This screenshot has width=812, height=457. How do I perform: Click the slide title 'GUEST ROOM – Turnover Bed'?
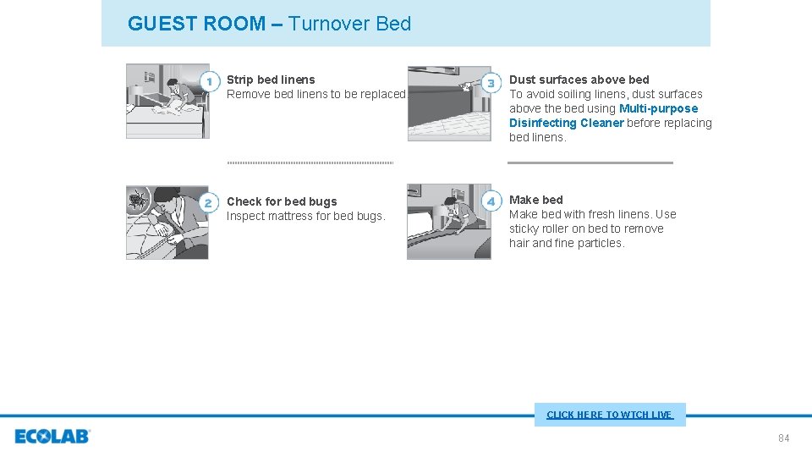(x=269, y=24)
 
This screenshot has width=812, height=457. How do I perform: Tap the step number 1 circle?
(x=209, y=81)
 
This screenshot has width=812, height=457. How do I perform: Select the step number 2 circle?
(x=209, y=202)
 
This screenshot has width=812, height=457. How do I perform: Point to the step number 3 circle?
(x=491, y=82)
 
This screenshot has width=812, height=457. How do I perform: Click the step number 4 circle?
(x=491, y=201)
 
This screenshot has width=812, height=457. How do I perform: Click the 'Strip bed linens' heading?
(x=271, y=80)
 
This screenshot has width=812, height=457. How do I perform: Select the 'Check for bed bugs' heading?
(x=282, y=201)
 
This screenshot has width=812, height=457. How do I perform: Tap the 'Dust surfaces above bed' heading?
(x=579, y=80)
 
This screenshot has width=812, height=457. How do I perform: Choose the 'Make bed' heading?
(x=535, y=200)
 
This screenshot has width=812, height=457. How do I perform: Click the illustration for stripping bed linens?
(x=167, y=101)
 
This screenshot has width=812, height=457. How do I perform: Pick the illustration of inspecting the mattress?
(x=167, y=222)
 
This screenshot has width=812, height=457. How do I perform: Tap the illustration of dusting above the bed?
(x=448, y=103)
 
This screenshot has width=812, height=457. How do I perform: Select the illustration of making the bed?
(x=448, y=222)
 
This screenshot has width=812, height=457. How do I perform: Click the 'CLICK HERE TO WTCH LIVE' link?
(x=609, y=415)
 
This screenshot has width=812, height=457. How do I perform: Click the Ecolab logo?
(x=52, y=437)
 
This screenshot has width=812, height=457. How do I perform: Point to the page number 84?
(x=783, y=438)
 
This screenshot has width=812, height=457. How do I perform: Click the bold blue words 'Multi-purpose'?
(x=658, y=108)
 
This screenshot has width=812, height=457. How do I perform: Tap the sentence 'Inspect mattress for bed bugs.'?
(x=305, y=216)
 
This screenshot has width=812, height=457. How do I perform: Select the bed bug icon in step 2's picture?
(x=137, y=199)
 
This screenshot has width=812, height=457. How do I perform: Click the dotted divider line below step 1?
(x=310, y=162)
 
